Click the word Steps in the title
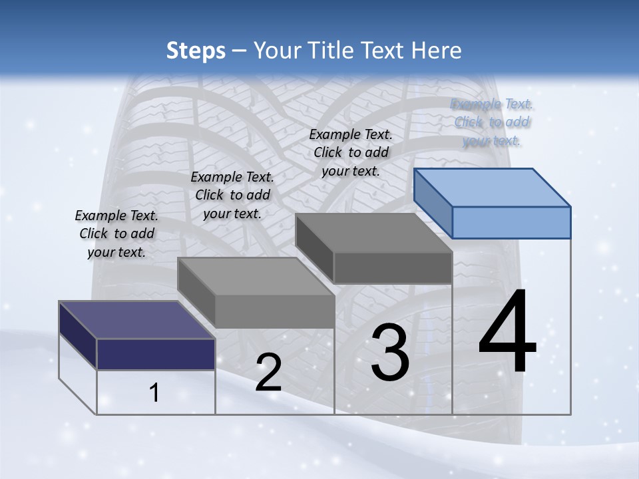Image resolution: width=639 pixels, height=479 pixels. (196, 51)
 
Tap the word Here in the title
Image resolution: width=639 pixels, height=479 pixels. (437, 51)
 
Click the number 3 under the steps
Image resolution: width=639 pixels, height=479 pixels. (390, 353)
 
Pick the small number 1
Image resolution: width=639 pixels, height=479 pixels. (154, 393)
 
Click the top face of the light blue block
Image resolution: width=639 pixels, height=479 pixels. (493, 187)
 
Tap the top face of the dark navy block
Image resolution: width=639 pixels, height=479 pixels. (137, 319)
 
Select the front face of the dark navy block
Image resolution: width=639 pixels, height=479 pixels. (156, 354)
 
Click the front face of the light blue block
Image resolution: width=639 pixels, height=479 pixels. (511, 222)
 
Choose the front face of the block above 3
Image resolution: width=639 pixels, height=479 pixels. (393, 267)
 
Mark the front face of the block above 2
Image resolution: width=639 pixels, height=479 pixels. (274, 311)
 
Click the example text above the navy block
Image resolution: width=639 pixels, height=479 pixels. (116, 234)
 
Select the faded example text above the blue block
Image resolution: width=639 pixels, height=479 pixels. (492, 122)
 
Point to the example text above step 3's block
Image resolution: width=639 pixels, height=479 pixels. (351, 152)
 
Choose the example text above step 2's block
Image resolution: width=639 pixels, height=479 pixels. (232, 195)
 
